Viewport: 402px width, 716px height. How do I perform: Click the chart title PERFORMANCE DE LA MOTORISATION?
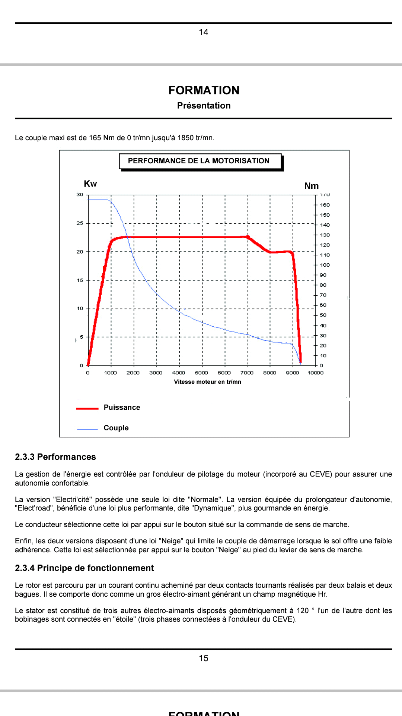[198, 161]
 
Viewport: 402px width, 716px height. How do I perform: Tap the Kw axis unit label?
[90, 184]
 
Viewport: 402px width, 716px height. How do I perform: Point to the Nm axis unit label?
[312, 186]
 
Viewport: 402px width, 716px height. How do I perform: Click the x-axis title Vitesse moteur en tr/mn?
[207, 382]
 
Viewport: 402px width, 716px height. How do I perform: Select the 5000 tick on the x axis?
[201, 373]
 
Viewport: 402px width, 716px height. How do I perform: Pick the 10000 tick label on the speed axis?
[316, 373]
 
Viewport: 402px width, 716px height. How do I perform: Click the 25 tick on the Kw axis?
[80, 223]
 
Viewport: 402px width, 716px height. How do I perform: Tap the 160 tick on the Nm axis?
[325, 205]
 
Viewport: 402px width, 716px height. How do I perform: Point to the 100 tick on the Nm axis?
[325, 265]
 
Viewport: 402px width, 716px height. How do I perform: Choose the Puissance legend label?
[122, 408]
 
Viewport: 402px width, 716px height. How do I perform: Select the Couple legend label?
[116, 428]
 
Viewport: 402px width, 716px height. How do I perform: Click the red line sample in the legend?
[87, 409]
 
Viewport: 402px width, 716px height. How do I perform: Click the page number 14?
[204, 32]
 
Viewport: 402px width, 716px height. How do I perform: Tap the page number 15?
[204, 658]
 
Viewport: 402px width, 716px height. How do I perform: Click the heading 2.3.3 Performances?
[55, 457]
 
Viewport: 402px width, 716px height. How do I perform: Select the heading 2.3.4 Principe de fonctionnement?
[84, 568]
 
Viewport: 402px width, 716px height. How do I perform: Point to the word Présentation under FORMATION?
[204, 106]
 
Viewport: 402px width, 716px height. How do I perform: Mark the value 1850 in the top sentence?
[186, 138]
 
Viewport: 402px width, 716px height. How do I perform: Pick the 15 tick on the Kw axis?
[80, 280]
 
